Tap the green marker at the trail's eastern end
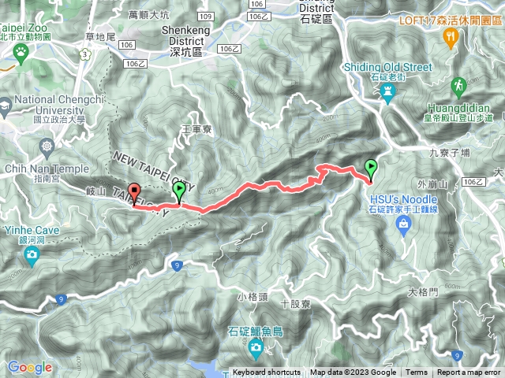371,168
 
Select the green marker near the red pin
180,190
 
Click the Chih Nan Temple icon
48,146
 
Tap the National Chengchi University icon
6,104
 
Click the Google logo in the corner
29,367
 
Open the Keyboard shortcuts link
266,372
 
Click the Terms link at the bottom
417,372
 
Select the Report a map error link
469,372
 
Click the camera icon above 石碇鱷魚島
256,346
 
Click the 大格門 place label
423,292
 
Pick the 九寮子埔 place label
451,155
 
